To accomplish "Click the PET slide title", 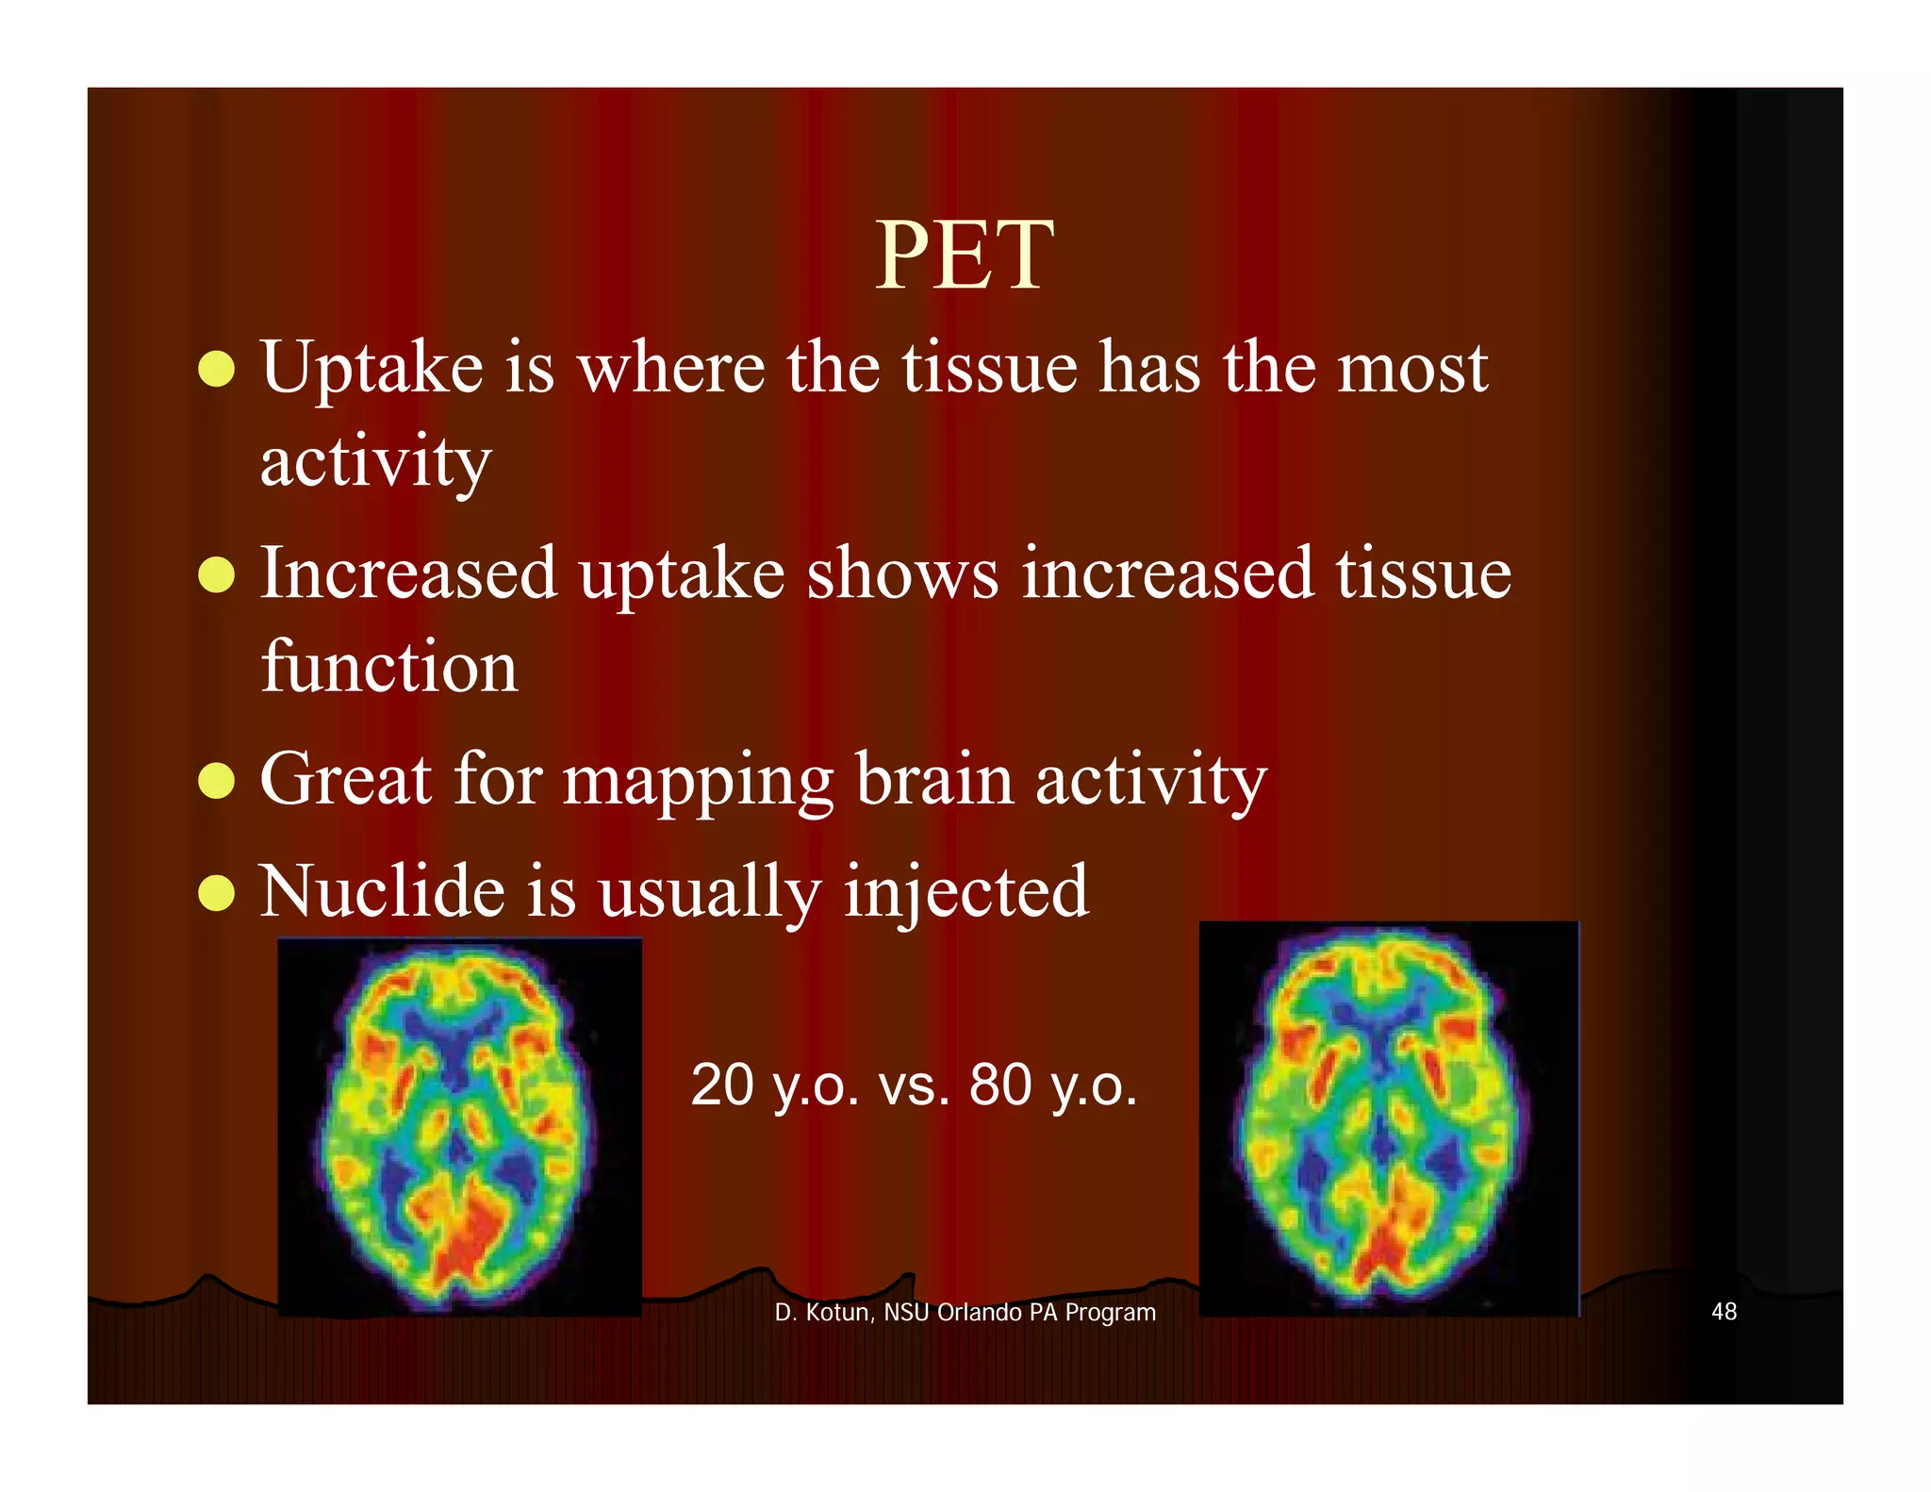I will click(x=964, y=256).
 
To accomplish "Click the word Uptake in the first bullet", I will click(x=371, y=369).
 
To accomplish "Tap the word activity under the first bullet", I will click(x=375, y=462).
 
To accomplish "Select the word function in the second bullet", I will click(x=388, y=667).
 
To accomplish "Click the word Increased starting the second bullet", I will click(x=408, y=573).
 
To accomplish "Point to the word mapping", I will click(x=699, y=782).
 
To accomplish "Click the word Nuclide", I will click(x=382, y=891).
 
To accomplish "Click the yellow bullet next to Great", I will click(x=217, y=781).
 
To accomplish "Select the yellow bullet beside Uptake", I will click(x=217, y=369).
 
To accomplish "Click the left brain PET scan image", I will click(x=459, y=1127).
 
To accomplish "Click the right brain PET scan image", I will click(x=1387, y=1119).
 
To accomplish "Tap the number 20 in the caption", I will click(x=722, y=1085).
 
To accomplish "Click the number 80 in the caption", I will click(x=1000, y=1085).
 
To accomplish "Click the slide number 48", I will click(x=1724, y=1311).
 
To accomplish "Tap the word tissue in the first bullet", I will click(x=989, y=369).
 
